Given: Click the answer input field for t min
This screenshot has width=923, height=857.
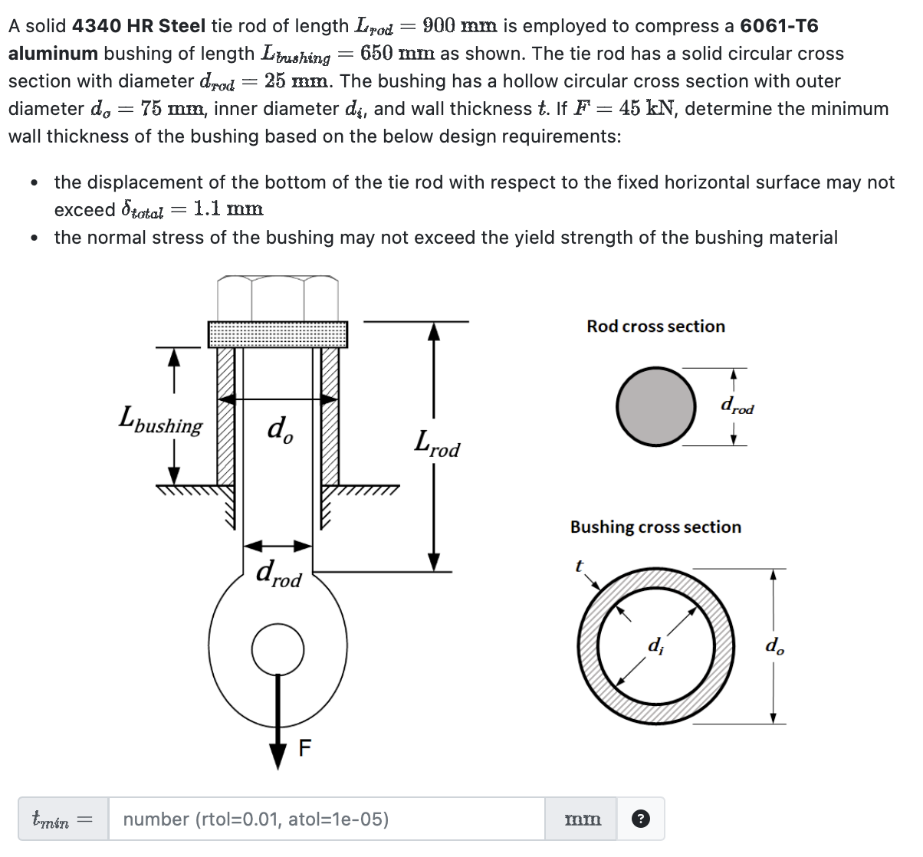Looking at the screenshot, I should point(326,819).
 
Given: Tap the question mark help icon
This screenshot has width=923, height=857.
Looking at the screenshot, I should point(640,819).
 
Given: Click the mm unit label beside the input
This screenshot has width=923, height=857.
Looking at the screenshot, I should point(583,819).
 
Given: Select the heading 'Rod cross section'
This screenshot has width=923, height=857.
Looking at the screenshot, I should point(655,327).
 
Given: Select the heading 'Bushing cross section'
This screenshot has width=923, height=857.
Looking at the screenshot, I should point(655,527).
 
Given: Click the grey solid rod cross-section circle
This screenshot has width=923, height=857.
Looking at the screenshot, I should point(655,406).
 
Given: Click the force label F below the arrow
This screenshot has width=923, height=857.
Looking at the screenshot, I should point(305,747).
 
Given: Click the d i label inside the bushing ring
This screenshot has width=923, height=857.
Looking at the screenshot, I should point(656,645).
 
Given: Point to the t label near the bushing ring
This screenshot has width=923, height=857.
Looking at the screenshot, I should point(579,566).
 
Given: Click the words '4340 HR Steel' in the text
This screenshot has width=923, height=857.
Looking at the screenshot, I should point(139,26).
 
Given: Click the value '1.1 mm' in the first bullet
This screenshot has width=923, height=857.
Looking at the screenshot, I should point(228,209).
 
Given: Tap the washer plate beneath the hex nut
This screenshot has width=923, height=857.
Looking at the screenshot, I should point(278,334).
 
